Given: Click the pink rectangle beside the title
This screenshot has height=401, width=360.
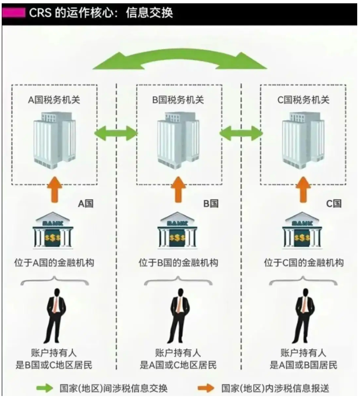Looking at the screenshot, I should (x=14, y=12).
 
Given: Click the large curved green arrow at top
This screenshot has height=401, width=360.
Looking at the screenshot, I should (x=179, y=59).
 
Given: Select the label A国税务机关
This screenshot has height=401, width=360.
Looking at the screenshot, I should (x=54, y=100).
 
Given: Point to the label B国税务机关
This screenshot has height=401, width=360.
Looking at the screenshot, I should (x=178, y=100).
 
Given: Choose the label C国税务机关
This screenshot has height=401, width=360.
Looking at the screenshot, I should (x=303, y=100).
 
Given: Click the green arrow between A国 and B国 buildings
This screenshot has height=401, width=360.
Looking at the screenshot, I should (x=116, y=133).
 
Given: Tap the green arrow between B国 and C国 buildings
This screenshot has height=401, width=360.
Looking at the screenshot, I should (x=241, y=133).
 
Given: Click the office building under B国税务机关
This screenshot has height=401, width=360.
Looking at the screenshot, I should (x=178, y=139).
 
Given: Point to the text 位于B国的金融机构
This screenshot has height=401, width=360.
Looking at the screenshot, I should (x=178, y=263).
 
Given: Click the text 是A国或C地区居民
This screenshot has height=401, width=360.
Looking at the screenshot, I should (x=178, y=365).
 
